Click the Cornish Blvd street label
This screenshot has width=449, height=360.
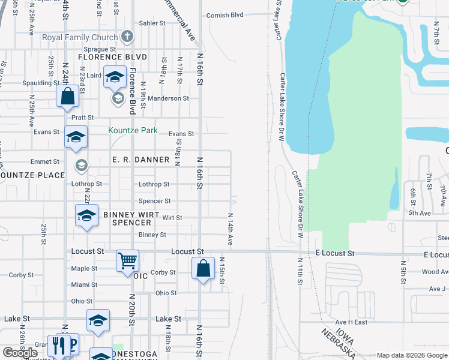pyautogui.click(x=226, y=14)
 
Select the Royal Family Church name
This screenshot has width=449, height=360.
pyautogui.click(x=80, y=37)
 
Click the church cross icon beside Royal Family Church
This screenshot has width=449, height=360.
pyautogui.click(x=127, y=37)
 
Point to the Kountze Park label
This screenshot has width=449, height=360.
pyautogui.click(x=133, y=130)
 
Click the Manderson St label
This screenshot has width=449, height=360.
pyautogui.click(x=169, y=98)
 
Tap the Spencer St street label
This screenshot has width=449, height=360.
pyautogui.click(x=155, y=201)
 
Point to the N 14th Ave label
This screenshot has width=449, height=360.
pyautogui.click(x=230, y=228)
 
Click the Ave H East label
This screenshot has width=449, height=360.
pyautogui.click(x=351, y=322)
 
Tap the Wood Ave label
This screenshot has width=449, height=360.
pyautogui.click(x=435, y=272)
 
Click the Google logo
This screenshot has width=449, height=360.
pyautogui.click(x=20, y=353)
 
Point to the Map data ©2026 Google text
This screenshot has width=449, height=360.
pyautogui.click(x=411, y=355)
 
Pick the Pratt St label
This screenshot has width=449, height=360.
pyautogui.click(x=83, y=118)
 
